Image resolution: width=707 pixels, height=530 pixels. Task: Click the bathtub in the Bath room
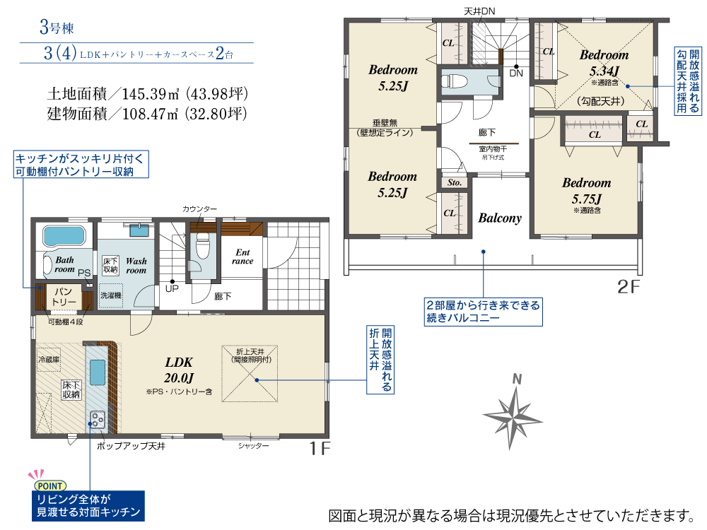64,236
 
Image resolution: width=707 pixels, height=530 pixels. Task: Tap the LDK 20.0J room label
179,370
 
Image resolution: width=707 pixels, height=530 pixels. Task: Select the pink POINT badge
50,486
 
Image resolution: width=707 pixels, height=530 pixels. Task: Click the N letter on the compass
518,379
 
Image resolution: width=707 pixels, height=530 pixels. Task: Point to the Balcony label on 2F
500,218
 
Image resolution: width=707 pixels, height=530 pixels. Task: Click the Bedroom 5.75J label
586,190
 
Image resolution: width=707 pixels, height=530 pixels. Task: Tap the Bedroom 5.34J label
604,63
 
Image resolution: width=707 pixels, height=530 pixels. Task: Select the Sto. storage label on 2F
455,182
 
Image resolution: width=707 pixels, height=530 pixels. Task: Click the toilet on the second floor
452,81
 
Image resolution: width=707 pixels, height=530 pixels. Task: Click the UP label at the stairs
172,288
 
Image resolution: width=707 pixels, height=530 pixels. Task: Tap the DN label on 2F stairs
516,73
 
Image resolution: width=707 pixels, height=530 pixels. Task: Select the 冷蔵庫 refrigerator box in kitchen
49,360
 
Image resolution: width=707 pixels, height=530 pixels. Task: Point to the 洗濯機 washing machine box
111,295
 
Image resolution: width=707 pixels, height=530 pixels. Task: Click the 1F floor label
320,449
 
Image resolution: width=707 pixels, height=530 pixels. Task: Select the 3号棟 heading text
57,28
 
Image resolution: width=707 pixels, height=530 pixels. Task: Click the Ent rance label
243,257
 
